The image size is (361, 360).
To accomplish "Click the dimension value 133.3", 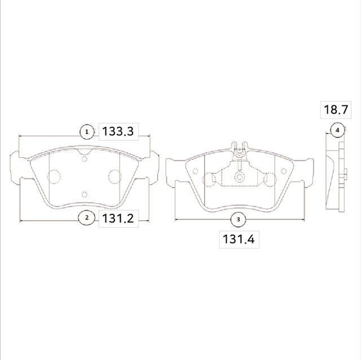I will [x=117, y=132].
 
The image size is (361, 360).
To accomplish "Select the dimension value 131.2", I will [x=117, y=218].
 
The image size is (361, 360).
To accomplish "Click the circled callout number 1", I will [x=86, y=132].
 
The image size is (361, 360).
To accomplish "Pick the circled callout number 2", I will [x=86, y=218].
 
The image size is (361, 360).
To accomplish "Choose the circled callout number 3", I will [x=238, y=219].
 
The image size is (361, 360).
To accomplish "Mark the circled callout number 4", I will [x=337, y=130].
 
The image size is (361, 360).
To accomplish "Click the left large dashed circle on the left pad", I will [x=55, y=177].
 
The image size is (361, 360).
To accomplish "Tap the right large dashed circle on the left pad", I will [x=115, y=177].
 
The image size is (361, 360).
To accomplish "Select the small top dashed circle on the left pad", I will [x=85, y=159].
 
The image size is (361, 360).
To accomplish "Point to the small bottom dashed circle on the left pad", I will [x=85, y=194].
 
